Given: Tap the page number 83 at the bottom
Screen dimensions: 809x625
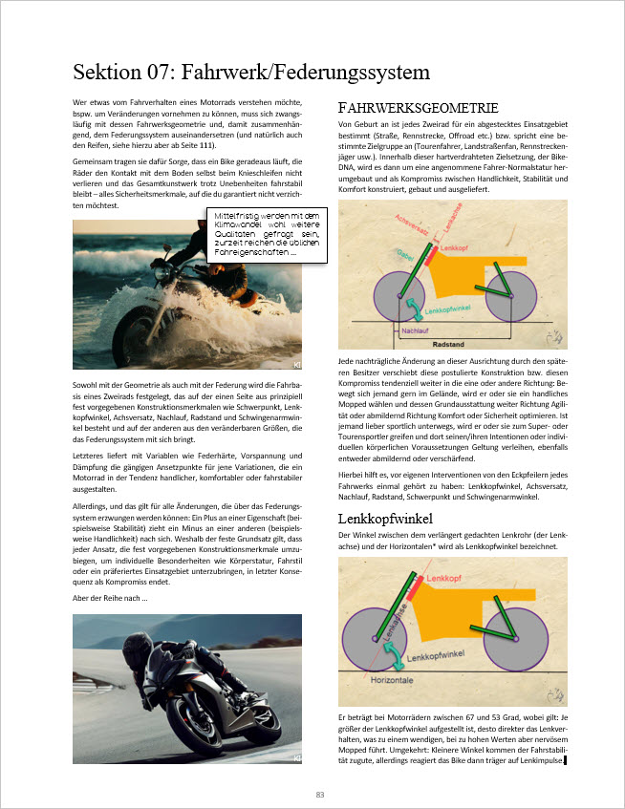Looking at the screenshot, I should [320, 794].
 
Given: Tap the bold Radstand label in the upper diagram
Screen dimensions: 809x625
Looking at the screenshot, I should [449, 342].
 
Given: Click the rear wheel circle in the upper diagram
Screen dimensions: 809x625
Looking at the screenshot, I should [511, 297].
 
